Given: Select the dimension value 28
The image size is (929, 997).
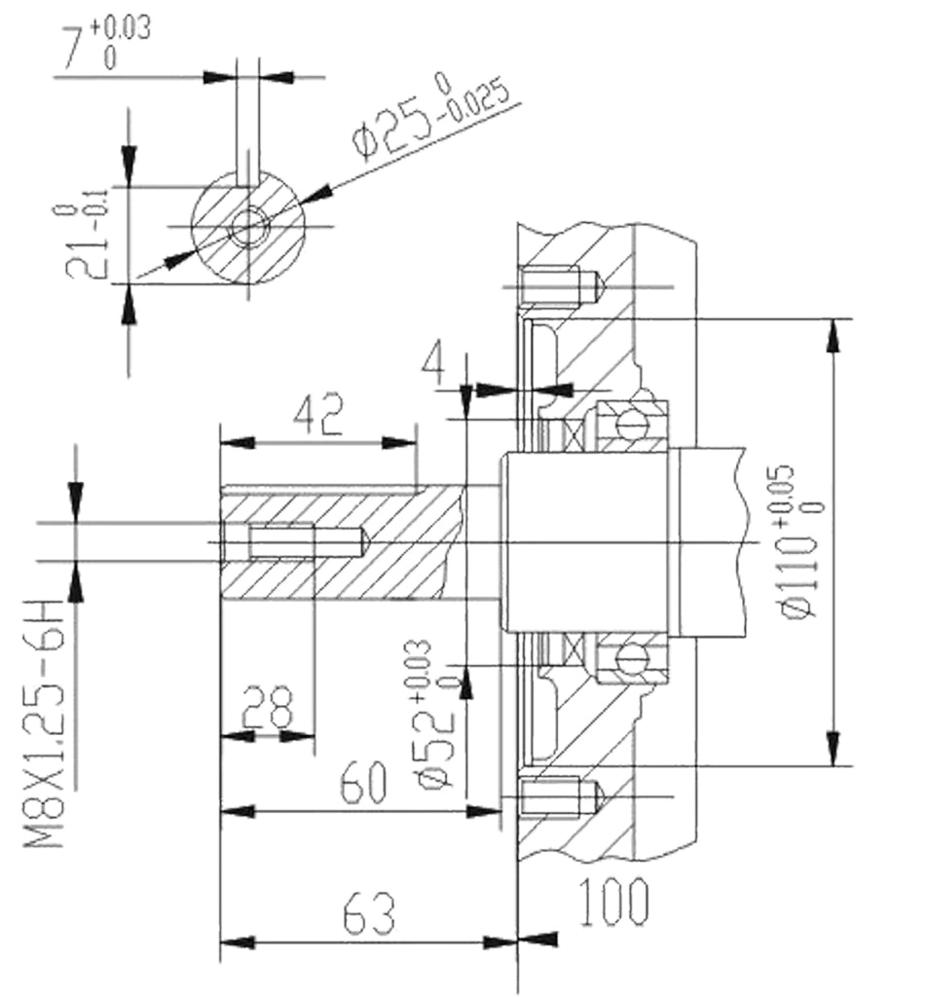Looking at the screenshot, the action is [267, 707].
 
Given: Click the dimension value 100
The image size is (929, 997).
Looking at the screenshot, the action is [614, 901].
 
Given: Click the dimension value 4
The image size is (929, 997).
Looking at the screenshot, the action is [435, 364].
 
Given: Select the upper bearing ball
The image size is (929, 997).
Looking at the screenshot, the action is [632, 421].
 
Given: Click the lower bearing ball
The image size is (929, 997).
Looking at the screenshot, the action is [631, 660].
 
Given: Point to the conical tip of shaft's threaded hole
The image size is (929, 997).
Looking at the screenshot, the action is [365, 541].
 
